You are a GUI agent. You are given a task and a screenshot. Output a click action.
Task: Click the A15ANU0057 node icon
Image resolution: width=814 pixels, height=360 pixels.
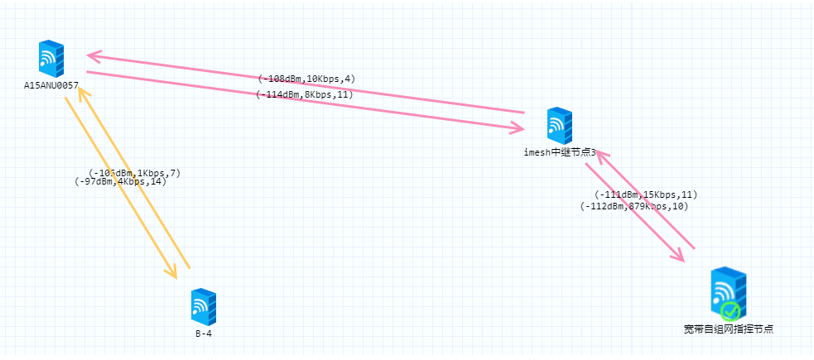pyautogui.click(x=51, y=58)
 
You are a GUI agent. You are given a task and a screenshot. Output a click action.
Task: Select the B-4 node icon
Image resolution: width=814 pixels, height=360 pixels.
pyautogui.click(x=203, y=307)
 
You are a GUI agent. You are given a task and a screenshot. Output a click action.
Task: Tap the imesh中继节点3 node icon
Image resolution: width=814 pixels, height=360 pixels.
pyautogui.click(x=560, y=126)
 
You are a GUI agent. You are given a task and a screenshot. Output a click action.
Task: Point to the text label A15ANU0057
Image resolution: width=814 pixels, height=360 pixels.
pyautogui.click(x=51, y=84)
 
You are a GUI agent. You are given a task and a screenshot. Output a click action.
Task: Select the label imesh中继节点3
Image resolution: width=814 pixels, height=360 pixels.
pyautogui.click(x=560, y=152)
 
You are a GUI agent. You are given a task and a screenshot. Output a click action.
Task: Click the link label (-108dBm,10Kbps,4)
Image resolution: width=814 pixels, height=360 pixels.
pyautogui.click(x=306, y=79)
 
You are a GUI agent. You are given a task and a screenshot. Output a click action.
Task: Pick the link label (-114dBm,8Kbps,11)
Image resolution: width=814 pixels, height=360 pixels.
pyautogui.click(x=305, y=94)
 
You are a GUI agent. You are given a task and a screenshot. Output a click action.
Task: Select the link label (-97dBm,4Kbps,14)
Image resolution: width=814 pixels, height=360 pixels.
pyautogui.click(x=120, y=181)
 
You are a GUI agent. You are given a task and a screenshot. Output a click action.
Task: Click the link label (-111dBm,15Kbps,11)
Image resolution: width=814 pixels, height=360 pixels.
pyautogui.click(x=646, y=194)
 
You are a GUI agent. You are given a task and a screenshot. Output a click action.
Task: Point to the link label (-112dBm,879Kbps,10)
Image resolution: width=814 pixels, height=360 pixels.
pyautogui.click(x=634, y=206)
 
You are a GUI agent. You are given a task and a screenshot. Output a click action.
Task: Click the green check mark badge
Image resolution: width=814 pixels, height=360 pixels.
pyautogui.click(x=730, y=311)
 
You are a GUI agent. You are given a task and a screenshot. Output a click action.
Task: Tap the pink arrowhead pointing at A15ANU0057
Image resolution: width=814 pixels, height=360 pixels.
pyautogui.click(x=93, y=56)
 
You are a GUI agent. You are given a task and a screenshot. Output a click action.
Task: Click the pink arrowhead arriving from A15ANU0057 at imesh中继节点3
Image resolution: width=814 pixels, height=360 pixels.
pyautogui.click(x=518, y=128)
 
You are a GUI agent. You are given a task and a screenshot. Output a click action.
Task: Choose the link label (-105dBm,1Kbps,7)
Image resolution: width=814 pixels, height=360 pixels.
pyautogui.click(x=134, y=173)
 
